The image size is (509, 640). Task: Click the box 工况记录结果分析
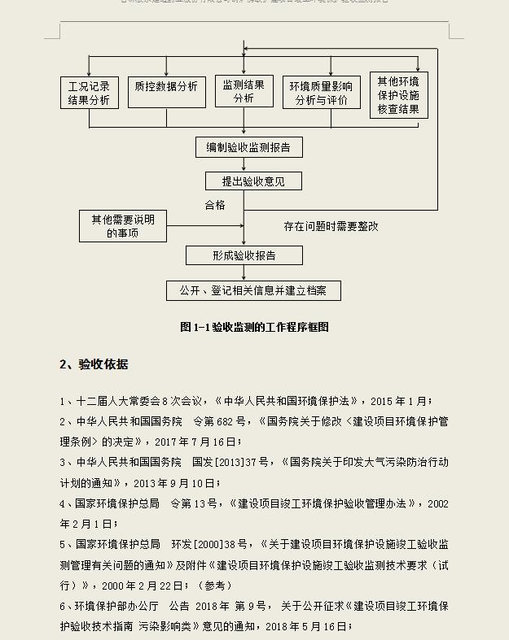(90, 93)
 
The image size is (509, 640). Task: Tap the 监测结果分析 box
(244, 90)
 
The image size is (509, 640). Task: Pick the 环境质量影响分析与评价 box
(321, 93)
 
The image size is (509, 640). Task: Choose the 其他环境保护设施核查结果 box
(398, 94)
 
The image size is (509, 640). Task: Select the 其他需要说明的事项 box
(122, 226)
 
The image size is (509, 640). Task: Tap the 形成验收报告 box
(244, 255)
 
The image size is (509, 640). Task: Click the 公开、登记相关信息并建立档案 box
(253, 290)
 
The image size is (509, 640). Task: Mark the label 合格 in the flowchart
(215, 205)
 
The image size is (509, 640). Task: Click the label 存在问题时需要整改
(331, 226)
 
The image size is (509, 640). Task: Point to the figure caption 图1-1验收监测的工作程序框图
(254, 327)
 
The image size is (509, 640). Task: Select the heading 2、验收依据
(94, 364)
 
